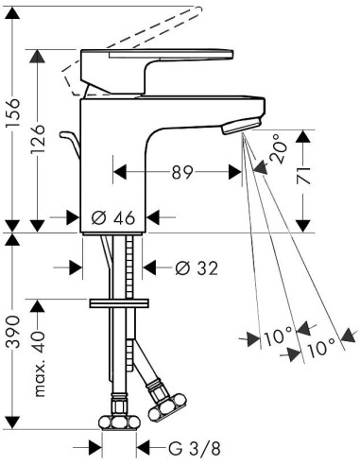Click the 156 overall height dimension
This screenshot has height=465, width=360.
[x=13, y=112]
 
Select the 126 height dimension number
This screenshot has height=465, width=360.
[x=38, y=139]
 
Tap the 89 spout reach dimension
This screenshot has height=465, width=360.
[x=181, y=172]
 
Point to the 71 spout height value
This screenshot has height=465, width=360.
[x=303, y=178]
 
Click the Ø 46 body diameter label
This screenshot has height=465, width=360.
[x=113, y=217]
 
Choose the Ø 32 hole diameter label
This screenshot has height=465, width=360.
[x=197, y=268]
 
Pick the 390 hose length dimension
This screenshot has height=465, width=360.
[x=13, y=332]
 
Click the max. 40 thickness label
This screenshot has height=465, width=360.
[x=39, y=364]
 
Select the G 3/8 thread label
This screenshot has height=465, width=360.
[x=195, y=448]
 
